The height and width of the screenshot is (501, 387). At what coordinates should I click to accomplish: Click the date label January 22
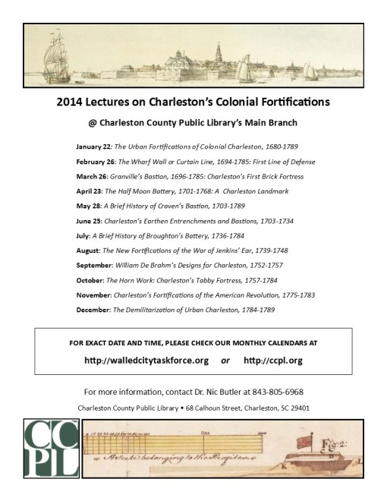[93, 147]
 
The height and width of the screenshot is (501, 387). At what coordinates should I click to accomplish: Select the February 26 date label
[96, 162]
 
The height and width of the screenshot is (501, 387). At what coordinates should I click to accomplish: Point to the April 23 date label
[89, 191]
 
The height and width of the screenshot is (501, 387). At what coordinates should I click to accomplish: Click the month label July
[83, 235]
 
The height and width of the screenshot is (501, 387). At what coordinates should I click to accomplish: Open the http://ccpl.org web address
[274, 360]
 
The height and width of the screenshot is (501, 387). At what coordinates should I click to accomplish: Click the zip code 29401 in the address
[299, 408]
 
